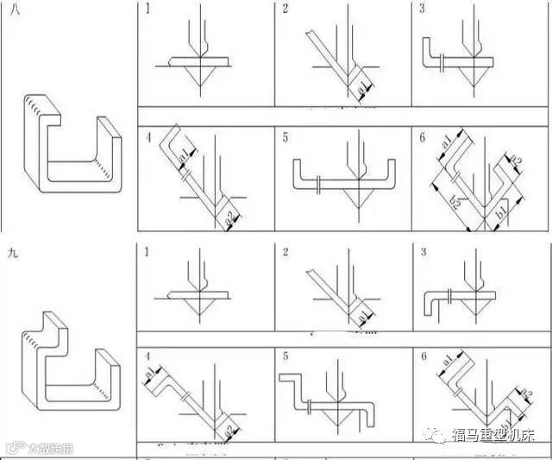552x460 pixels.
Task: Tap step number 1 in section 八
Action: click(147, 9)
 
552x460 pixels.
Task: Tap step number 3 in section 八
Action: click(422, 9)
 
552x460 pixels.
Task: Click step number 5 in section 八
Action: click(285, 135)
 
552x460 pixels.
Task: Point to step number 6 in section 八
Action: click(422, 135)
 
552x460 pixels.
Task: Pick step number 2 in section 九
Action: click(285, 251)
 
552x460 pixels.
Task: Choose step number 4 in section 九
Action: click(147, 355)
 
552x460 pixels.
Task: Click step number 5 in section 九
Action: click(285, 355)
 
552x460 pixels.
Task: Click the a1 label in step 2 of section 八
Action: click(362, 88)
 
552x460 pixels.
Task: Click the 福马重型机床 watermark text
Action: click(493, 435)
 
